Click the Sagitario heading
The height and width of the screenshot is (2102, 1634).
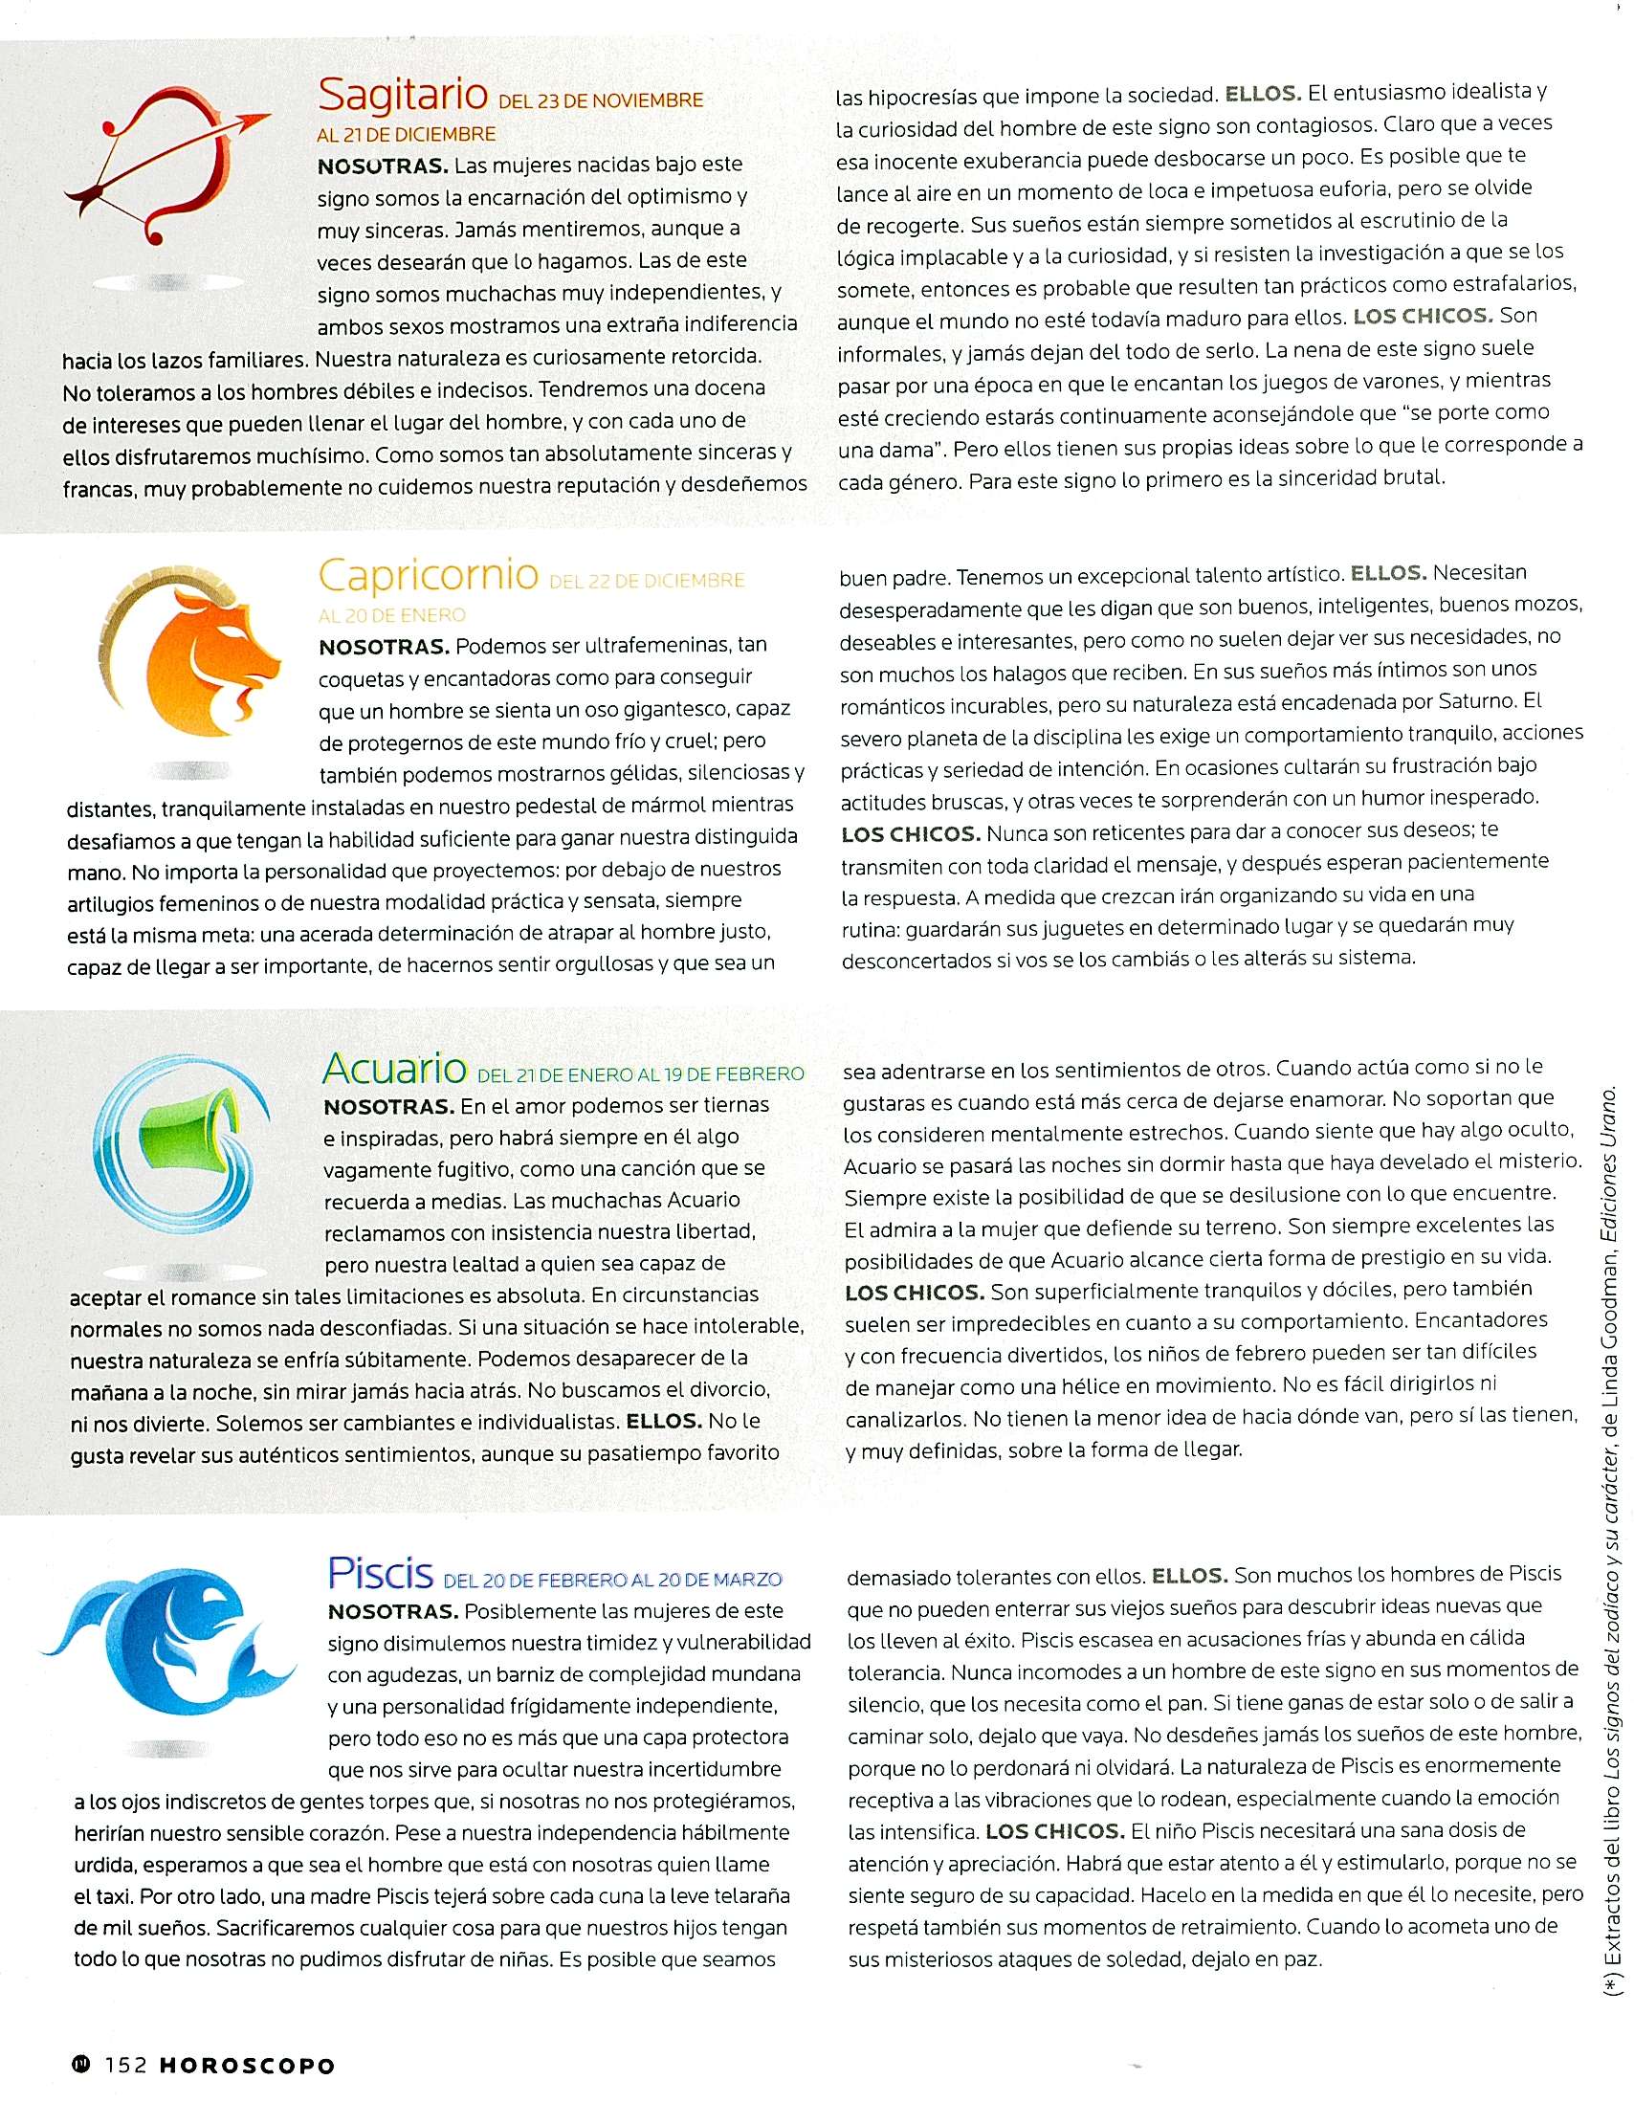pyautogui.click(x=402, y=95)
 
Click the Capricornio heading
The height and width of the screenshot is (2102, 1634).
pyautogui.click(x=428, y=575)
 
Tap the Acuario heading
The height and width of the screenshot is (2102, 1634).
pyautogui.click(x=394, y=1068)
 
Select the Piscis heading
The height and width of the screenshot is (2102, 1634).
pyautogui.click(x=380, y=1573)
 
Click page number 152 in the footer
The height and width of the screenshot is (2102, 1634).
pyautogui.click(x=125, y=2065)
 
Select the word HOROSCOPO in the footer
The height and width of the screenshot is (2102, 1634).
pyautogui.click(x=248, y=2066)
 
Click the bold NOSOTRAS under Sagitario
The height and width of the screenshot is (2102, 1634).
pyautogui.click(x=383, y=166)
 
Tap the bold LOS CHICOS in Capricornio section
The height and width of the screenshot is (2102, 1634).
pyautogui.click(x=911, y=833)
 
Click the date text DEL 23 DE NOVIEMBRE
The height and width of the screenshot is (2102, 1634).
pyautogui.click(x=601, y=101)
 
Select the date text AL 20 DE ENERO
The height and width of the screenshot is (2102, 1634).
pyautogui.click(x=391, y=615)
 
